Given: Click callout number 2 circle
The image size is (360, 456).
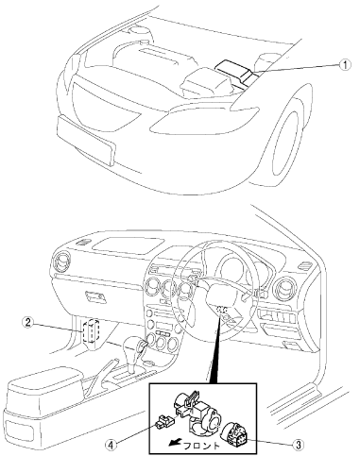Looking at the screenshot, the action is coord(27,323).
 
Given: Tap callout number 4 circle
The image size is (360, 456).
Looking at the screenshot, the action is coord(111,445).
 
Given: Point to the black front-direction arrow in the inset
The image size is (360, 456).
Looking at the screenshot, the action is coord(175,443).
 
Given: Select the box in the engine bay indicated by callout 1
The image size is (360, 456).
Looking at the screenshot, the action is coord(234,72).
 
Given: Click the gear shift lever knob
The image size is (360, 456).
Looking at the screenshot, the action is coord(134,347).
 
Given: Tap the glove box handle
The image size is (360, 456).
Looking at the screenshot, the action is coord(95,296).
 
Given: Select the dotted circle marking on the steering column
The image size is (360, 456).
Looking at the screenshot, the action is coord(223,310).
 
